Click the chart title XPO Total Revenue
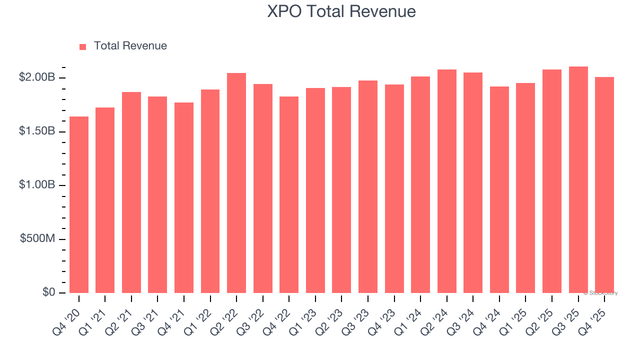(x=341, y=11)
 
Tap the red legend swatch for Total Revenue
(x=83, y=46)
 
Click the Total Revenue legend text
(x=130, y=46)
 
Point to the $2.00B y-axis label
(x=36, y=77)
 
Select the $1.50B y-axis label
(x=36, y=131)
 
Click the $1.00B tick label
(x=36, y=185)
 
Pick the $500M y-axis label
(x=37, y=238)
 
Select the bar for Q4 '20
(x=79, y=205)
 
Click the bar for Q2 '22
(x=236, y=183)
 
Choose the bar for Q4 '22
(x=289, y=195)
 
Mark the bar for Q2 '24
(x=446, y=181)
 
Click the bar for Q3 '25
(x=578, y=180)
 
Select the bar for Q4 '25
(x=604, y=185)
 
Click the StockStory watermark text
(x=600, y=293)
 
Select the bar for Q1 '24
(x=420, y=185)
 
